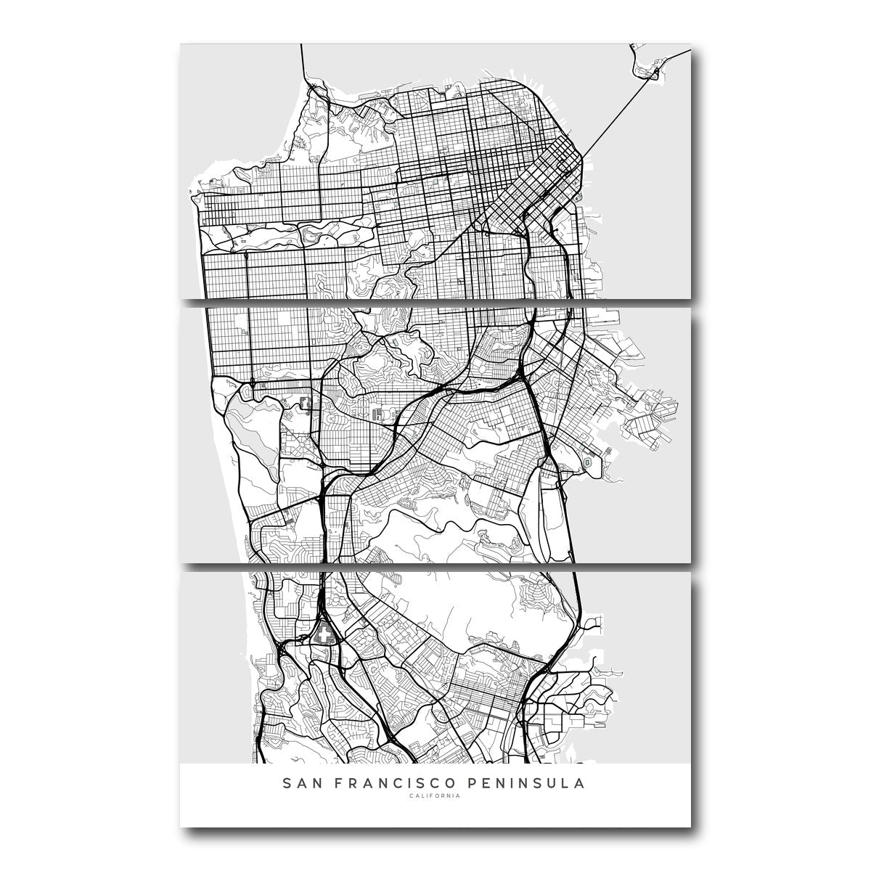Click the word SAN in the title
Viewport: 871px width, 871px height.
(x=299, y=784)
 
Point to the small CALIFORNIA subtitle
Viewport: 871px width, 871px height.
(x=434, y=796)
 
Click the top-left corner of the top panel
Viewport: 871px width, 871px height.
(x=181, y=46)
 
